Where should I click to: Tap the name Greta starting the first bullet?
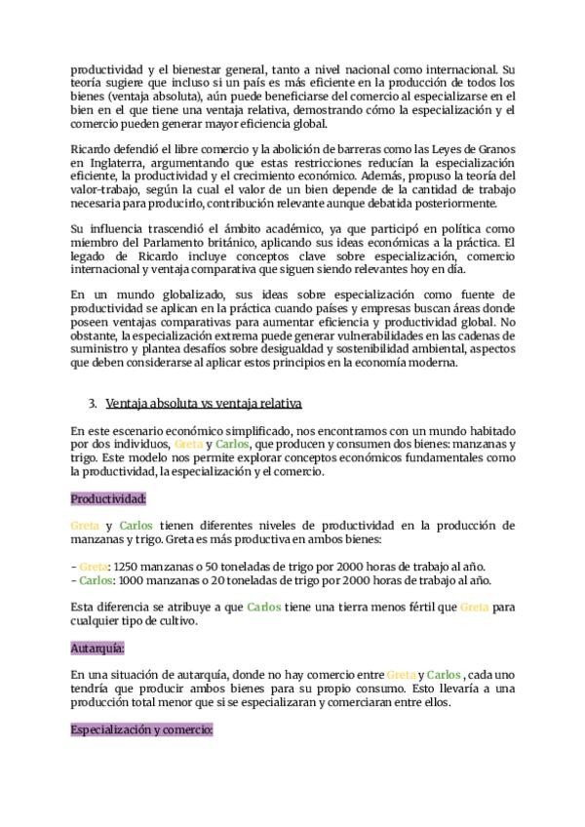point(94,566)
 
